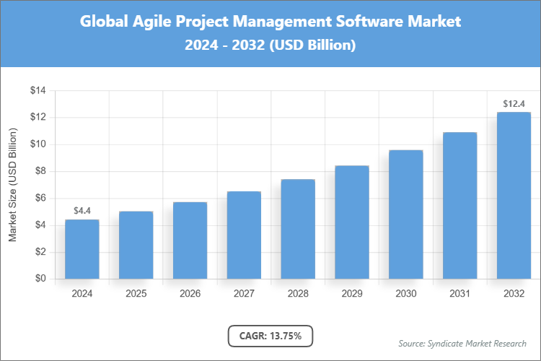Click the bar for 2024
click(x=82, y=249)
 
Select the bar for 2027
click(x=244, y=235)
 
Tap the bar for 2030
click(x=405, y=214)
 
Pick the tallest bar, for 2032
click(x=514, y=195)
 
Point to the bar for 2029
click(x=352, y=222)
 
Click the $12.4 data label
click(x=514, y=104)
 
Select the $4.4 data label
click(x=82, y=211)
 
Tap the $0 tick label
click(x=40, y=279)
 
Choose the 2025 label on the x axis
click(x=136, y=294)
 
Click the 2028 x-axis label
click(x=298, y=294)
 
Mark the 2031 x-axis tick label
click(x=459, y=294)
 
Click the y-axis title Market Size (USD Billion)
click(x=12, y=185)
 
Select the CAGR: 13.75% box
click(x=270, y=336)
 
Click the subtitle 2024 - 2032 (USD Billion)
click(x=270, y=45)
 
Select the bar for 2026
click(x=190, y=240)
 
